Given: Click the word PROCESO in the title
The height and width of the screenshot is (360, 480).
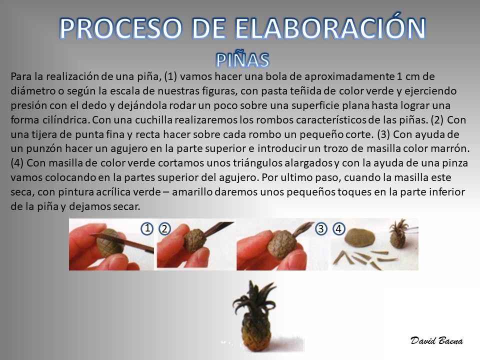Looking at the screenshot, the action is click(120, 28).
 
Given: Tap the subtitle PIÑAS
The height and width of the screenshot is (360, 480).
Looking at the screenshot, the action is click(243, 59).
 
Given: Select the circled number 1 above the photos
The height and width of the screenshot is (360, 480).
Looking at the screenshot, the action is click(147, 228).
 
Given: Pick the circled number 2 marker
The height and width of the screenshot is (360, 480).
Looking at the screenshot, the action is click(164, 228).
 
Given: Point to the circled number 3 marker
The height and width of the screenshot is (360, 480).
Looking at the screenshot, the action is click(321, 228).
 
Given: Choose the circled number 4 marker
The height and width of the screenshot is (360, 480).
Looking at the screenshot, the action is click(338, 228).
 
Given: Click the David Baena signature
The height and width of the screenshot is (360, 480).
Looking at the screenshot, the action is click(436, 340).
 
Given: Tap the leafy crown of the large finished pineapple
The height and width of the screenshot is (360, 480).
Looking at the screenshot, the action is click(254, 297).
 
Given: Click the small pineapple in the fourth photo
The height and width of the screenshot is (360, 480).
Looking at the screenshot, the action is click(398, 234).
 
